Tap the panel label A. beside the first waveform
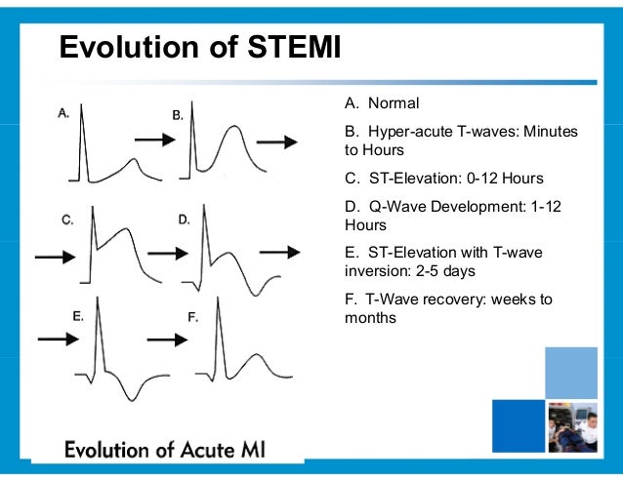click(63, 113)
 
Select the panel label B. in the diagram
click(178, 115)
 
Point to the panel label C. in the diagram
click(67, 220)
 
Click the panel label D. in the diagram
click(184, 220)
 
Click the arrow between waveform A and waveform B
click(153, 140)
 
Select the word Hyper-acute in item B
click(411, 131)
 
